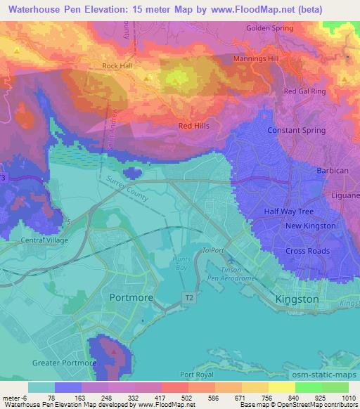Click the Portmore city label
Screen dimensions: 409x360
pyautogui.click(x=131, y=298)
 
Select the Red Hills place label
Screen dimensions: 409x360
pyautogui.click(x=195, y=126)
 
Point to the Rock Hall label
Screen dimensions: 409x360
pyautogui.click(x=117, y=67)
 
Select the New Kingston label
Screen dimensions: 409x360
pyautogui.click(x=310, y=226)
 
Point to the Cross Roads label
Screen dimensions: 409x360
pyautogui.click(x=307, y=251)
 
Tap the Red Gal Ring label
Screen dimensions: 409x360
pyautogui.click(x=305, y=91)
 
